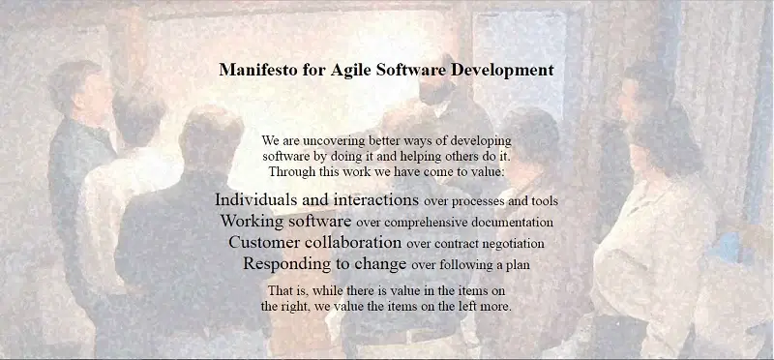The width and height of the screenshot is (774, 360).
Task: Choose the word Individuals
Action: (255, 200)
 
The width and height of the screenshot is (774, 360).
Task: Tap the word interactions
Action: (376, 200)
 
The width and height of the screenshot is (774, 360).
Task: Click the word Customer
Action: (264, 243)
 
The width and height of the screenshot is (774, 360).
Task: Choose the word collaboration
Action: (353, 243)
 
